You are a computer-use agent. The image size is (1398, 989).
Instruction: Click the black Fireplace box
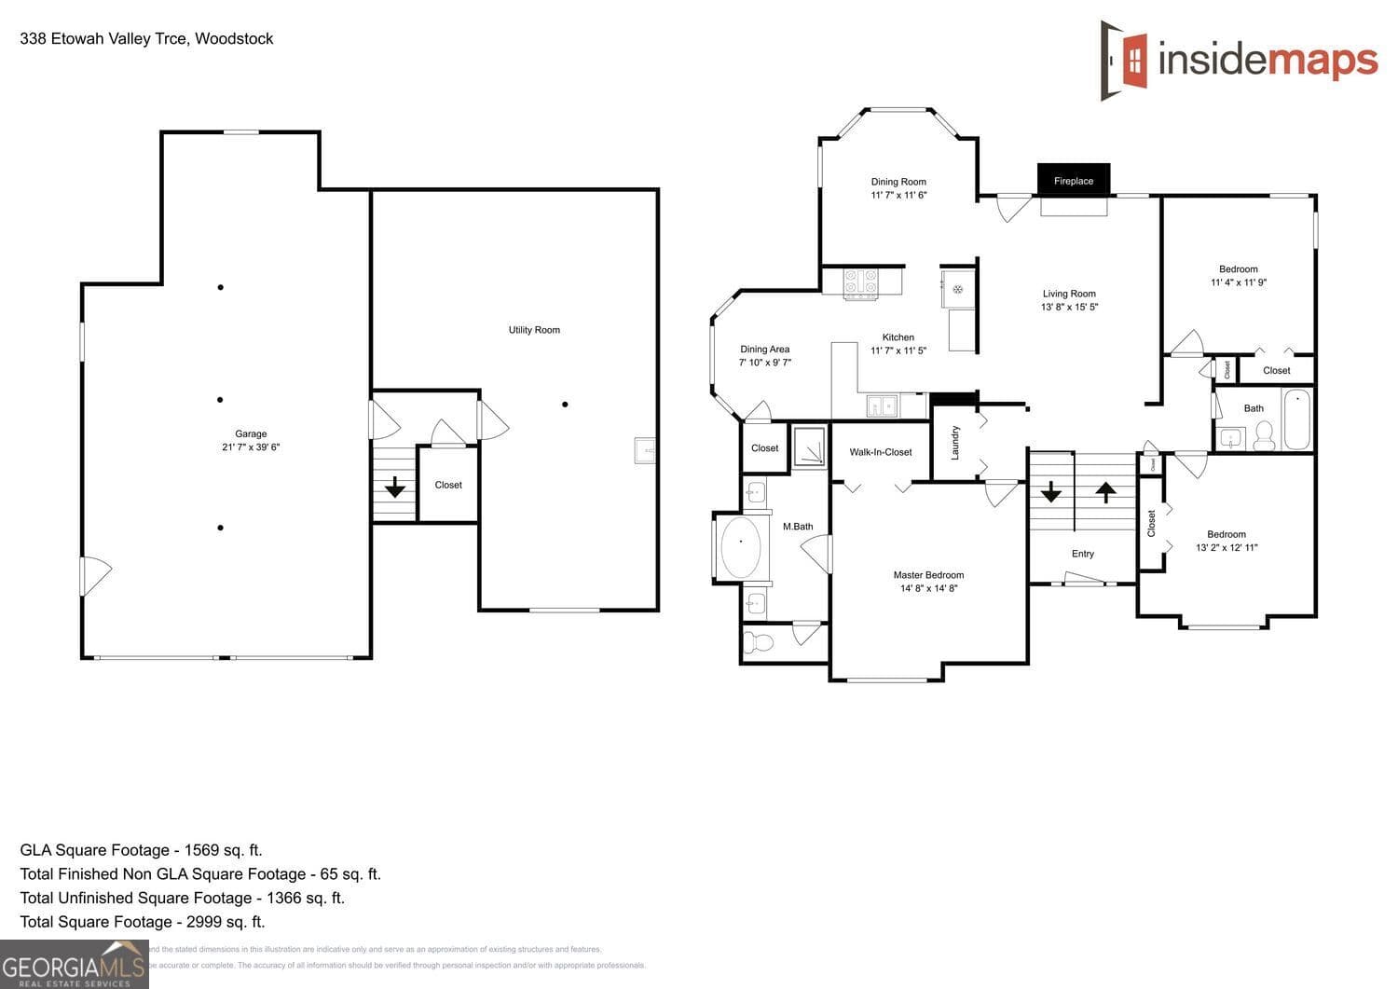coord(1073,180)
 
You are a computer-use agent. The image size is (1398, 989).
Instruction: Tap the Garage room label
coord(251,433)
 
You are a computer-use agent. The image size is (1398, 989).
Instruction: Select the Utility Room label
coord(534,330)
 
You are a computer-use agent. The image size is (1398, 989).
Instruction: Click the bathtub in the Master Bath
coord(741,546)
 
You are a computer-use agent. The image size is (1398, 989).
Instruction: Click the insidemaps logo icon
coord(1125,61)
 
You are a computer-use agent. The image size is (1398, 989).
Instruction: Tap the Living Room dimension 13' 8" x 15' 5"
coord(1069,307)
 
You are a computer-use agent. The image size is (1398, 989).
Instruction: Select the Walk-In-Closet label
coord(880,452)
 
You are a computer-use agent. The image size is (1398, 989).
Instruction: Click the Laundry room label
coord(954,444)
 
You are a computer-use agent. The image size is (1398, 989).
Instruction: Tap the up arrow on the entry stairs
coord(1105,491)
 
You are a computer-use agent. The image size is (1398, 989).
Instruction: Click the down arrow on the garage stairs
coord(394,486)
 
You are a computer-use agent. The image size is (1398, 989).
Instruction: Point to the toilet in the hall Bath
coord(1264,435)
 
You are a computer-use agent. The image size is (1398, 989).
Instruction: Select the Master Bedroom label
coord(928,575)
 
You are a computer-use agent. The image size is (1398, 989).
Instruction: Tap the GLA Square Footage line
coord(141,850)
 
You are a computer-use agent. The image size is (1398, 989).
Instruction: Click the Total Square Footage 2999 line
coord(142,922)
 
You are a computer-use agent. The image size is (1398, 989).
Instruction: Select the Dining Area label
coord(764,350)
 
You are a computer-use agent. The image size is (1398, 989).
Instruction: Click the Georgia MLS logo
coord(74,965)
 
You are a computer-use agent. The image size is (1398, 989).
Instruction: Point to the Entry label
coord(1082,554)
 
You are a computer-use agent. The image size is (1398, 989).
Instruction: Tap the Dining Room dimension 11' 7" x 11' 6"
coord(898,195)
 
